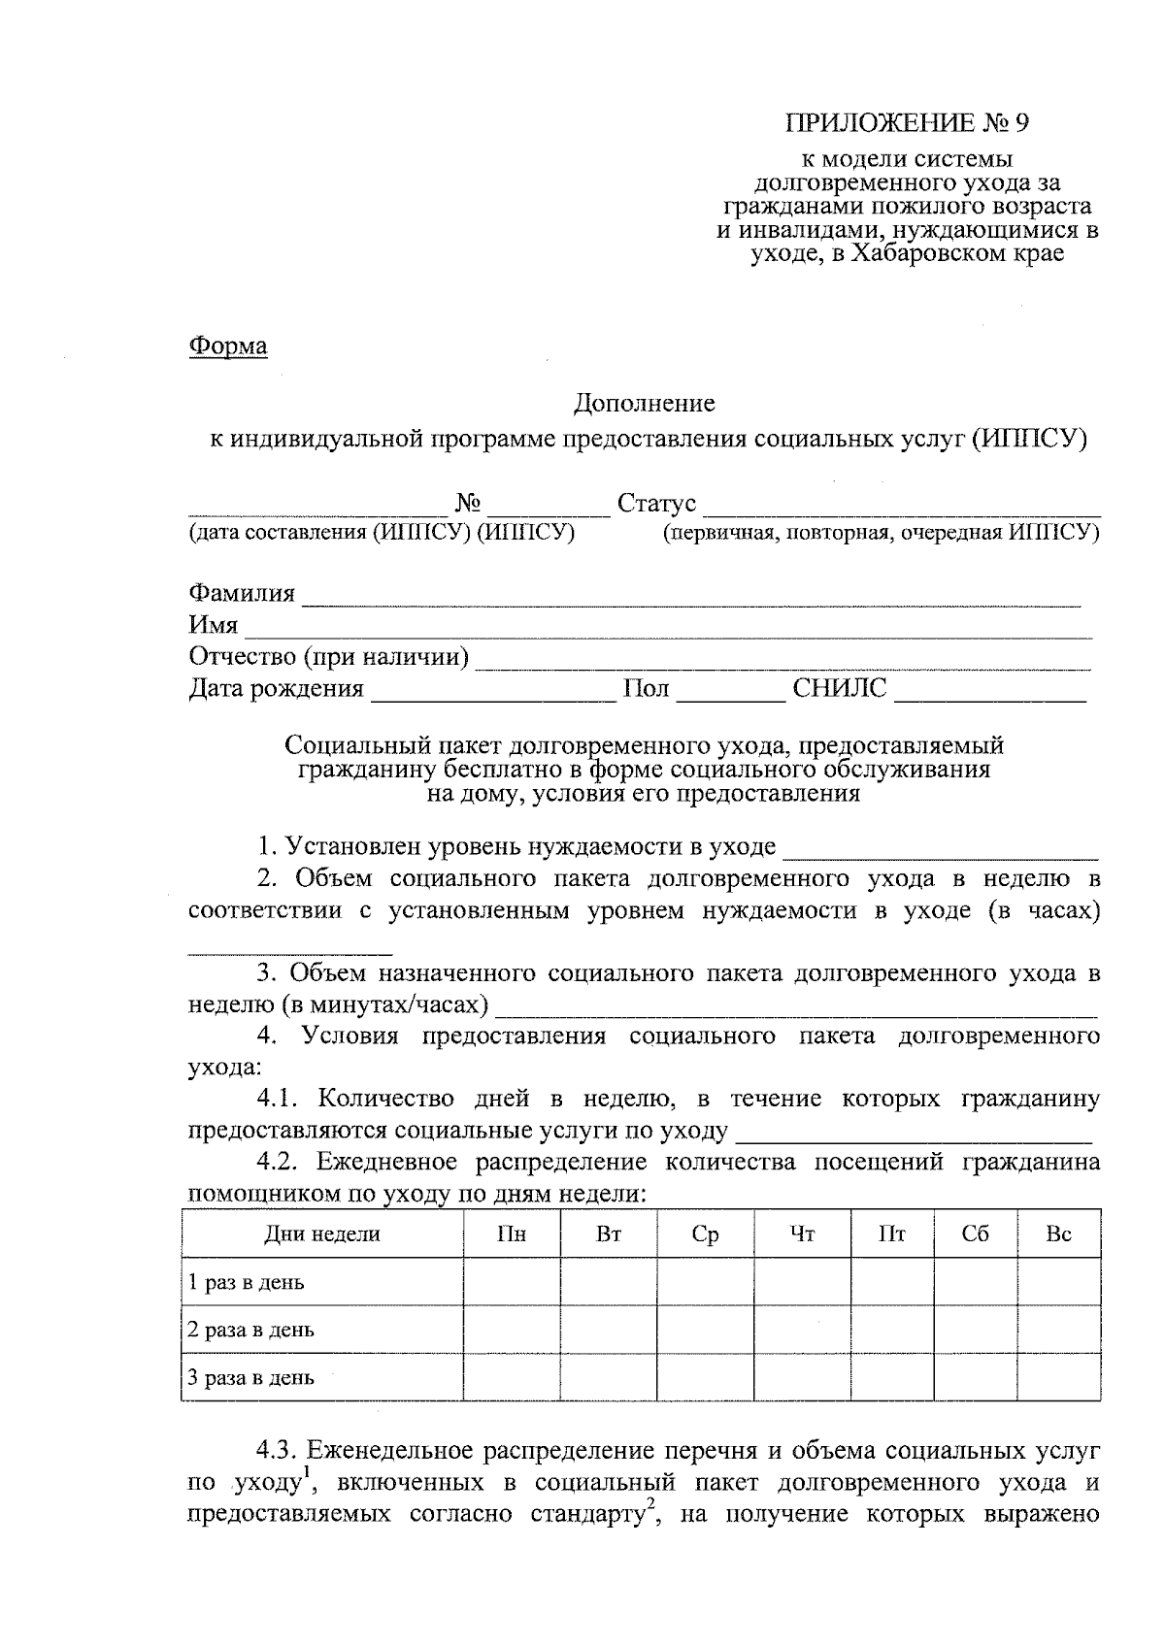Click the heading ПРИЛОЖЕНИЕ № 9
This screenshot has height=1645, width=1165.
(906, 123)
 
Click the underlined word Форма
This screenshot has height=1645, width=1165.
(227, 345)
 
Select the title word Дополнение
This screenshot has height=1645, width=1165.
(644, 402)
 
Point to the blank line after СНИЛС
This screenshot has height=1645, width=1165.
(990, 690)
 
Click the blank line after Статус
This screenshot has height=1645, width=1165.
(901, 506)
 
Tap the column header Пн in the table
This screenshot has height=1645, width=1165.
(512, 1234)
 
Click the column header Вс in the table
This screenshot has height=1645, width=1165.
(1058, 1234)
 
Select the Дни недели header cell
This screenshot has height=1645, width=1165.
(322, 1234)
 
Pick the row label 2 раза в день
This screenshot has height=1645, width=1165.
(251, 1330)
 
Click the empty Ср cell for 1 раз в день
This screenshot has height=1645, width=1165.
(705, 1282)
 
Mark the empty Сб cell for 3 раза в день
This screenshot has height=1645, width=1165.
(975, 1377)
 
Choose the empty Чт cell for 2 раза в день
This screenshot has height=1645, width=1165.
(802, 1330)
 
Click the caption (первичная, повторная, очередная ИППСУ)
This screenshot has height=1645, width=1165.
(881, 533)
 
